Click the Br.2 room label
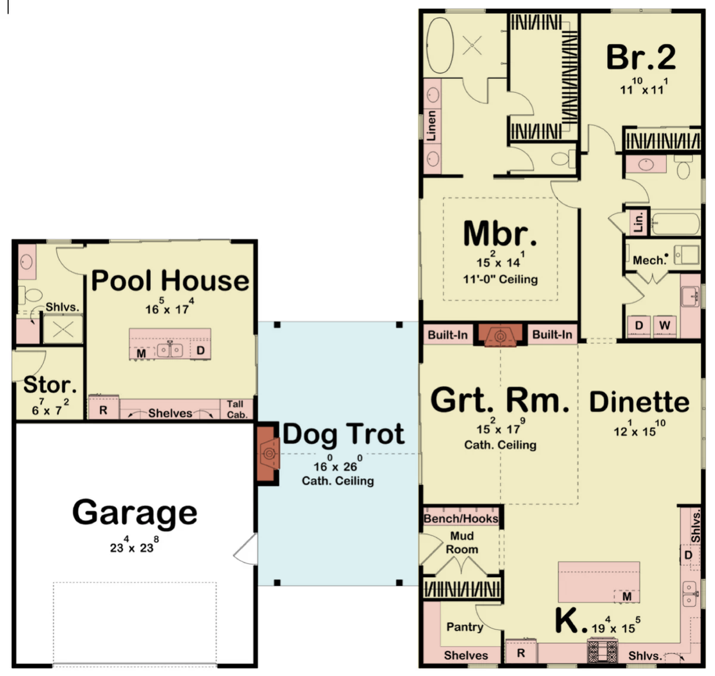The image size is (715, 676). [641, 57]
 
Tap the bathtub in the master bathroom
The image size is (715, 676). [440, 45]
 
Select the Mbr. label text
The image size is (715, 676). [500, 234]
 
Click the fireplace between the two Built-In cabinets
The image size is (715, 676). [500, 335]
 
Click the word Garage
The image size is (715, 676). [135, 512]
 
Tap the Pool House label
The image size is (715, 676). [170, 281]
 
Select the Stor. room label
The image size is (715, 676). [50, 384]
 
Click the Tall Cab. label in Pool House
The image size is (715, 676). [236, 409]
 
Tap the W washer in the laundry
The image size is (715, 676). [664, 326]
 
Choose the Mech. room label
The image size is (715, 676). [649, 260]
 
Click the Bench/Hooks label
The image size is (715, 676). [461, 518]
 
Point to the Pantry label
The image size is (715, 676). [464, 627]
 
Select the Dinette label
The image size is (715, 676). [639, 402]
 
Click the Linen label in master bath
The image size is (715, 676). [431, 126]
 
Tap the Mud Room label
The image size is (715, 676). [462, 542]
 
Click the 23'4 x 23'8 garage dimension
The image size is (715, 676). [134, 544]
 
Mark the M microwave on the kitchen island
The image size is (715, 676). [627, 596]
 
